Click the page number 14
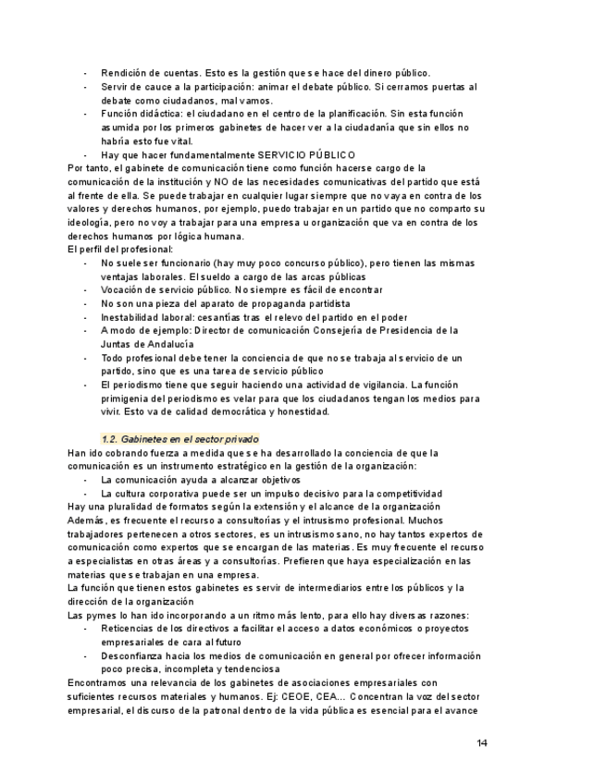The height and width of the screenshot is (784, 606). click(482, 742)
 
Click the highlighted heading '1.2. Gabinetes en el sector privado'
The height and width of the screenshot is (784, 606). click(179, 438)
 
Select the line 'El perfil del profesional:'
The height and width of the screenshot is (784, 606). click(121, 250)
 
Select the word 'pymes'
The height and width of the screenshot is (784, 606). click(99, 615)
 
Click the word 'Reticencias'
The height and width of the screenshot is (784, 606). click(129, 629)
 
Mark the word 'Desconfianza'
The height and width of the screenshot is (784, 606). click(132, 656)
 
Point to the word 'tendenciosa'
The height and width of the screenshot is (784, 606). click(249, 669)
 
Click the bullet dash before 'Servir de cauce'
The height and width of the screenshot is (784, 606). click(86, 87)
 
